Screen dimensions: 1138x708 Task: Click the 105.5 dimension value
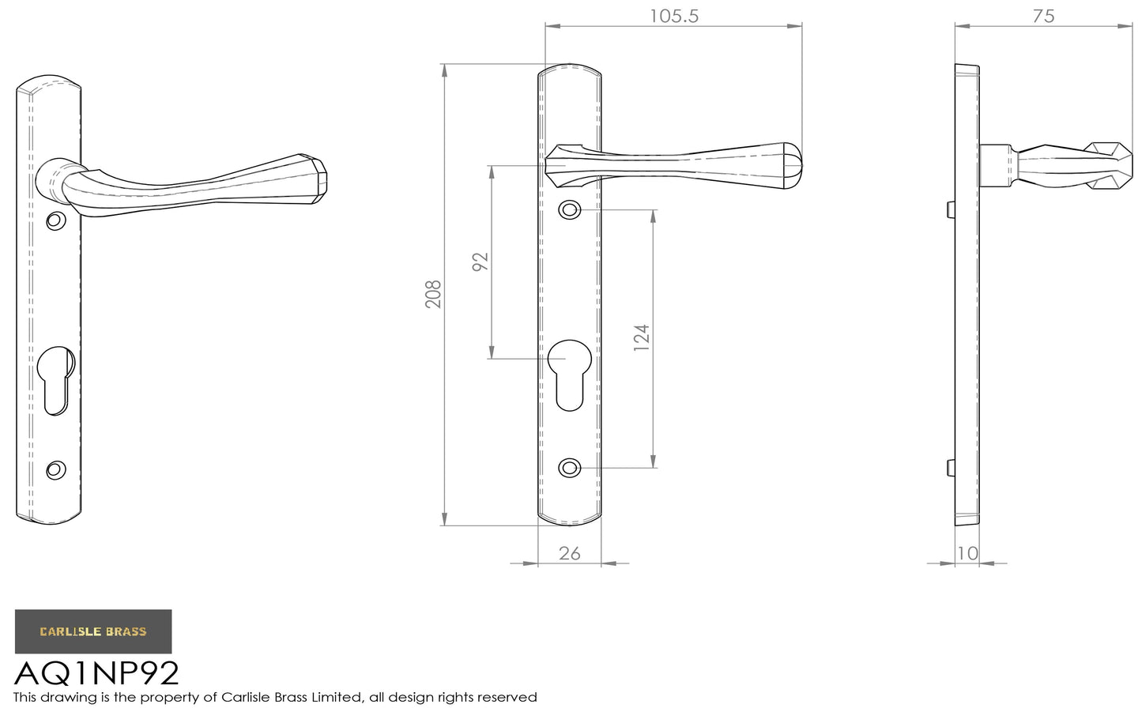[674, 17]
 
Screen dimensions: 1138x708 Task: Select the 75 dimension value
[1043, 17]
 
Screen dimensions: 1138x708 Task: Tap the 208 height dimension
[433, 294]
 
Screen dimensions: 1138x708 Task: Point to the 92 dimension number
[480, 262]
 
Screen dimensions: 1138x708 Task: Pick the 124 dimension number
[642, 337]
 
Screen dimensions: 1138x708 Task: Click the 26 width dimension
[570, 553]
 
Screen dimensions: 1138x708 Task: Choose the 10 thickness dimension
[967, 553]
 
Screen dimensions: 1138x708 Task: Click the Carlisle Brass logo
[93, 631]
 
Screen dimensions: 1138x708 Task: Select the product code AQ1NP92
[96, 673]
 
